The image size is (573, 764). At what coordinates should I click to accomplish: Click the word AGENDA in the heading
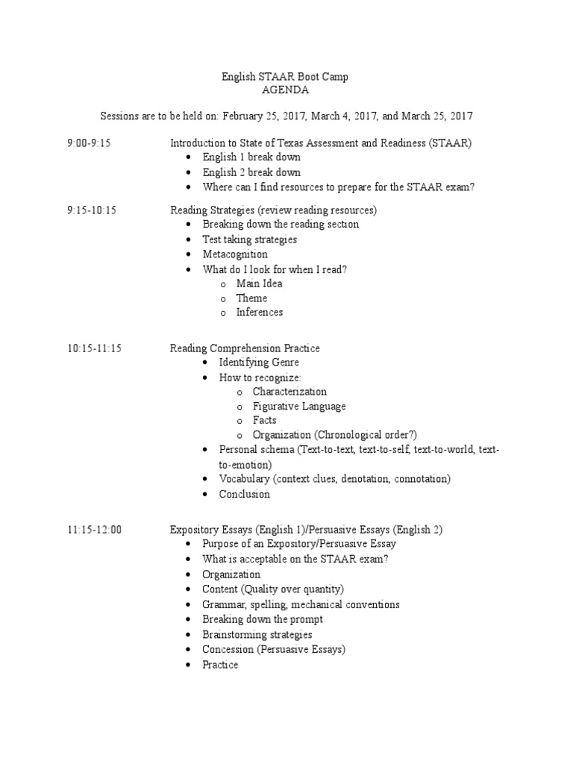285,91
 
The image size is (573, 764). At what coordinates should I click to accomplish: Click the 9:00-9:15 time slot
89,143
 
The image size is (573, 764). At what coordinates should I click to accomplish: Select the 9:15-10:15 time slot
92,210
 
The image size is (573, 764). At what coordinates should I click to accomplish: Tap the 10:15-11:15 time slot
95,348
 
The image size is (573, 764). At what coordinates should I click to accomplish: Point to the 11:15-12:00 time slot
95,530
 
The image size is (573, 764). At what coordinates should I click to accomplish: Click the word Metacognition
235,254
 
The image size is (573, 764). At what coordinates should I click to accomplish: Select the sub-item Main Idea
259,284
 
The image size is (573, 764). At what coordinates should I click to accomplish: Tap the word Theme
251,298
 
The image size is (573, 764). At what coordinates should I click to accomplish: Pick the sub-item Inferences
260,312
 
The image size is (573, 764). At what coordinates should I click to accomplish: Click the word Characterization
289,391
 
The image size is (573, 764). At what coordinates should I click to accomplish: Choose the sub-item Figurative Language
298,406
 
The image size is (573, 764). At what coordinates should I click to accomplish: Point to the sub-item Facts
264,420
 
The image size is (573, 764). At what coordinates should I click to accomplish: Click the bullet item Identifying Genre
259,362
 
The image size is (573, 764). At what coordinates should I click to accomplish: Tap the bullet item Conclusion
244,494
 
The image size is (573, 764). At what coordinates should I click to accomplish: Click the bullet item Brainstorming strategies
257,634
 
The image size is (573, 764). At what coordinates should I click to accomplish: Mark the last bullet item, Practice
220,664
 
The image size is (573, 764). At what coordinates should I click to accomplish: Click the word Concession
228,649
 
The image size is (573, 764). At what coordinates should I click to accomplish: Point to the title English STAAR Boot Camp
285,76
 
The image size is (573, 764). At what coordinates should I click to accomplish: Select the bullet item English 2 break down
251,172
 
